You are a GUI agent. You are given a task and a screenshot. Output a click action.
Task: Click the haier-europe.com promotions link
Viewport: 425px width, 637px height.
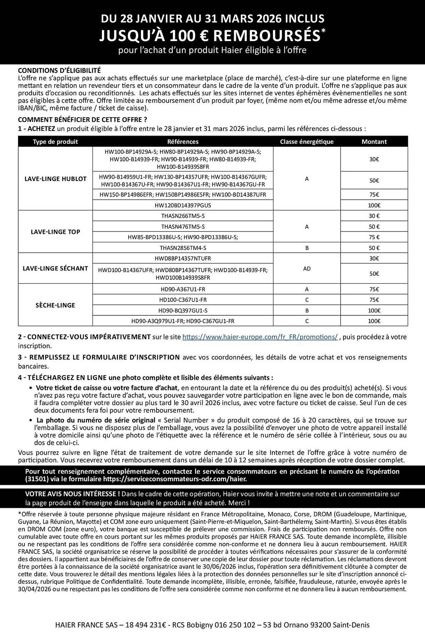point(260,337)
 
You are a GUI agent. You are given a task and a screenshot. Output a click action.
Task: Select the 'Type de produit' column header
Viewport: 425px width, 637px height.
point(55,142)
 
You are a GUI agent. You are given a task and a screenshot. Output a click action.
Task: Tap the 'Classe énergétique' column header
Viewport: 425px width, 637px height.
point(307,142)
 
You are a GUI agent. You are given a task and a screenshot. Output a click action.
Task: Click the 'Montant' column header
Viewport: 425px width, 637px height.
point(374,142)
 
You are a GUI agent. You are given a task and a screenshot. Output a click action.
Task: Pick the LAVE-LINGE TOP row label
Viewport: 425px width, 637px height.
point(55,232)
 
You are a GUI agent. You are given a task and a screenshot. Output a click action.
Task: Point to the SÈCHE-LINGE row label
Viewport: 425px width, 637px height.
point(55,305)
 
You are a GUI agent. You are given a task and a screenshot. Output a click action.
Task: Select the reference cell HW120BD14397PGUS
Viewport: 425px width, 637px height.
point(183,205)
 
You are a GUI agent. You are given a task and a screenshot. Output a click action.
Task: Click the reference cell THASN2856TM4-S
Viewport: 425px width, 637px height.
point(183,248)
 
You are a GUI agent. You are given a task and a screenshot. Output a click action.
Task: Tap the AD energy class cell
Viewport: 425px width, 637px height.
point(307,268)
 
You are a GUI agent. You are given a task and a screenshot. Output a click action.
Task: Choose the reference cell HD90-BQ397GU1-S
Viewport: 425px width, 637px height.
point(183,311)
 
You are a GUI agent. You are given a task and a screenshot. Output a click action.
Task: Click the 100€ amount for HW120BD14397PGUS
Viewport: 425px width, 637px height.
point(374,205)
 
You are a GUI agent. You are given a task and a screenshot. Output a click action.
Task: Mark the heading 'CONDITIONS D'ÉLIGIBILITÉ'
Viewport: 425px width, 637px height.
point(59,70)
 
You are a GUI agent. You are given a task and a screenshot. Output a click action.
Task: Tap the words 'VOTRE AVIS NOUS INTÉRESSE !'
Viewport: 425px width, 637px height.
point(72,494)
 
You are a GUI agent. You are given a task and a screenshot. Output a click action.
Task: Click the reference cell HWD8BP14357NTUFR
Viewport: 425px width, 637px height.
point(183,258)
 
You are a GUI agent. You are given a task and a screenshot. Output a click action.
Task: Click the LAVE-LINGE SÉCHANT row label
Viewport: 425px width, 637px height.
point(55,268)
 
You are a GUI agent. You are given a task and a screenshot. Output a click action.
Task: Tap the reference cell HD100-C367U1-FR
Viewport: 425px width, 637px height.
point(183,300)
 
